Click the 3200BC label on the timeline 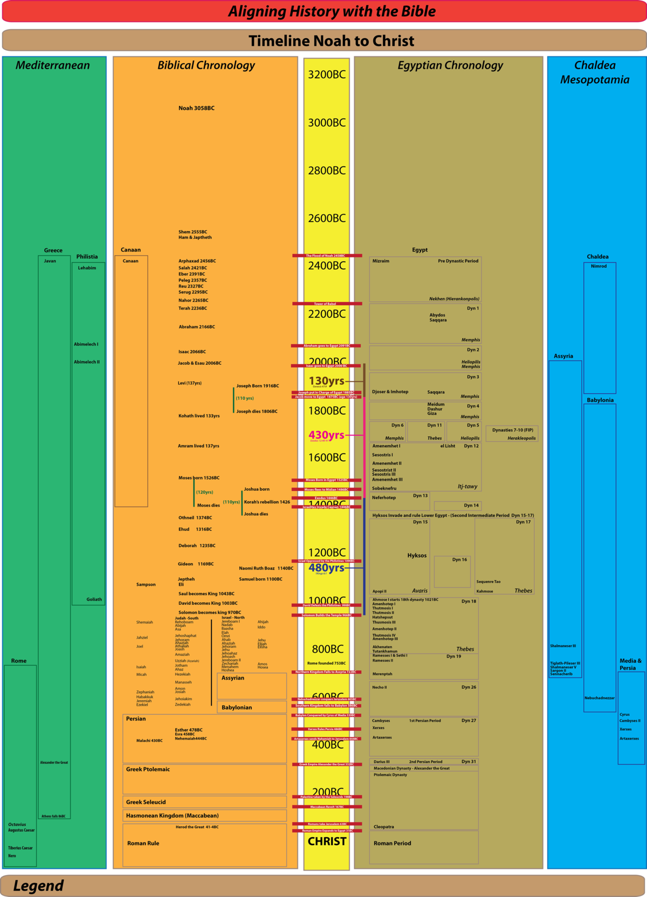(327, 75)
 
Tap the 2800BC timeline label (327, 170)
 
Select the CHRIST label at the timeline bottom (327, 841)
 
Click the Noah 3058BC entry (196, 108)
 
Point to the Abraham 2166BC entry (197, 327)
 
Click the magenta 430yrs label (326, 435)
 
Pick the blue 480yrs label (326, 567)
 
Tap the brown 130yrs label (326, 381)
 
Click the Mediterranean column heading (53, 65)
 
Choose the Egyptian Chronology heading (450, 65)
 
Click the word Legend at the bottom (38, 886)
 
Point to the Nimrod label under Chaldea (598, 266)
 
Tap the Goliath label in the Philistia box (94, 599)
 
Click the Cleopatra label (384, 827)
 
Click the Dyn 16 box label (459, 560)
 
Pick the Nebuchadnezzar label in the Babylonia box (599, 698)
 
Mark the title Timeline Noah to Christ (331, 41)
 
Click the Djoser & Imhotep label (390, 392)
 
